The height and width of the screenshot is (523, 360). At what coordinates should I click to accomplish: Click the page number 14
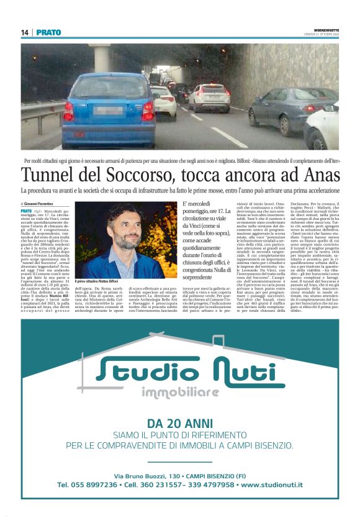25,32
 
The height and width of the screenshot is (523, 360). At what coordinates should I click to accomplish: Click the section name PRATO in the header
48,32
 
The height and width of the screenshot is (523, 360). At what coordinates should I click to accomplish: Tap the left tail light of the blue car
68,111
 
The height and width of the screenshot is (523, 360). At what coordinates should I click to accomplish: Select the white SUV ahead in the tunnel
210,98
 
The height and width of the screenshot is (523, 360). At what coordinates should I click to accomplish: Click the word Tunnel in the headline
52,175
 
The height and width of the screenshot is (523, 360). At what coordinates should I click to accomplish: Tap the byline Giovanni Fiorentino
38,204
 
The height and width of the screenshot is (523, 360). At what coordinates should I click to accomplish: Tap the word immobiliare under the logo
181,393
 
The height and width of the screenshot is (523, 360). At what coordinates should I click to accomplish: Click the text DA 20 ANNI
180,424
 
